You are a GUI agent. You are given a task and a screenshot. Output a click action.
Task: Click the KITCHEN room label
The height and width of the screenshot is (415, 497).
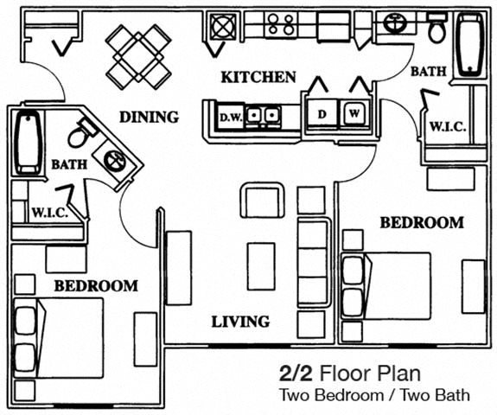click(258, 77)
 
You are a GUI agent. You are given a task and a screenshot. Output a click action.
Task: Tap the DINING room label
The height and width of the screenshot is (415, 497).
click(149, 117)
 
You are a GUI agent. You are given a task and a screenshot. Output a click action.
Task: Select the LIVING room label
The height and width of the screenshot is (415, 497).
click(240, 322)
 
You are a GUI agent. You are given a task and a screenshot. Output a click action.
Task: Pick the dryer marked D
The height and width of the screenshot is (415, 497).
click(322, 112)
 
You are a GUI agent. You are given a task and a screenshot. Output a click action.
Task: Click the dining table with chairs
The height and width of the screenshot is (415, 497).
click(138, 55)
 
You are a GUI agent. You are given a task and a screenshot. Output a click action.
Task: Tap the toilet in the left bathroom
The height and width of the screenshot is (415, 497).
click(80, 132)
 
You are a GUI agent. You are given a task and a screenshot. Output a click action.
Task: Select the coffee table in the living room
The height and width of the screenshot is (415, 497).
click(261, 266)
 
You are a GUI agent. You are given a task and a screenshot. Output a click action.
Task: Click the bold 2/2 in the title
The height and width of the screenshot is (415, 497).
click(296, 373)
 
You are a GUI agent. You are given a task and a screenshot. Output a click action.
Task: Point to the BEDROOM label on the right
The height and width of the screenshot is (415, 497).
click(422, 222)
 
